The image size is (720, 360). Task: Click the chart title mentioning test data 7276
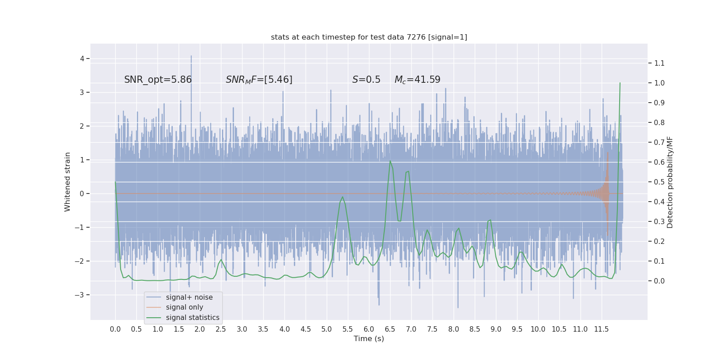pyautogui.click(x=369, y=37)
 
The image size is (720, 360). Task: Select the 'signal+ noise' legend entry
pyautogui.click(x=189, y=297)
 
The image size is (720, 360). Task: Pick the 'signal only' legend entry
pyautogui.click(x=184, y=307)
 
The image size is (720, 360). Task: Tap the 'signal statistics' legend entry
pyautogui.click(x=192, y=318)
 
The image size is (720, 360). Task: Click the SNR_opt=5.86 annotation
pyautogui.click(x=158, y=80)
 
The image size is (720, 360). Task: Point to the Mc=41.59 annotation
pyautogui.click(x=417, y=80)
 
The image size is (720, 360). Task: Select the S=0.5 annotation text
pyautogui.click(x=366, y=80)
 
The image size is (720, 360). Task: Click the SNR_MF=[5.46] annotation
pyautogui.click(x=259, y=80)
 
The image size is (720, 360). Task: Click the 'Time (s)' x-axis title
pyautogui.click(x=369, y=338)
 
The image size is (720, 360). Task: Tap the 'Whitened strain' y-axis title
pyautogui.click(x=67, y=182)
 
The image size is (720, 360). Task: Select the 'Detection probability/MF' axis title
pyautogui.click(x=670, y=182)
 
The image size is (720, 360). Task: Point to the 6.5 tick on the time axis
pyautogui.click(x=390, y=329)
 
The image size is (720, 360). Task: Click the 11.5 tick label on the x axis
pyautogui.click(x=601, y=329)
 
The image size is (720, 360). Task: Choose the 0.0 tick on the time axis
pyautogui.click(x=115, y=329)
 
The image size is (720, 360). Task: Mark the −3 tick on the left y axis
pyautogui.click(x=81, y=295)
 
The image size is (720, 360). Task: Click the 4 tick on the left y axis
pyautogui.click(x=82, y=58)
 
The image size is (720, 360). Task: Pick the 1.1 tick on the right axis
pyautogui.click(x=659, y=63)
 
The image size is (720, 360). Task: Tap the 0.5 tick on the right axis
pyautogui.click(x=659, y=182)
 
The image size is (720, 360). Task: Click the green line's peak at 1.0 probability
pyautogui.click(x=620, y=83)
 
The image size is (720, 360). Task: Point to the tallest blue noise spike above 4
pyautogui.click(x=191, y=56)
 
